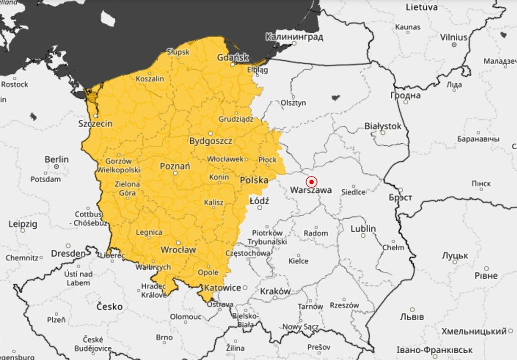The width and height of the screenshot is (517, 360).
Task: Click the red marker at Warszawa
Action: point(311,182)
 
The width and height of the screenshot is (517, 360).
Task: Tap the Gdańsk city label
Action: point(233,58)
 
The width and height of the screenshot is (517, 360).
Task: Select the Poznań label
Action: point(175,166)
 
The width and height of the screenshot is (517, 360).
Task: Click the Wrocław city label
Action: point(178,250)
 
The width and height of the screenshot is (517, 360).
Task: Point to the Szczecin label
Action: point(95,124)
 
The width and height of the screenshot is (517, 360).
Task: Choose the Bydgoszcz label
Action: point(211,141)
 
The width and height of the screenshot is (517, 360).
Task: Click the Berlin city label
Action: point(57,159)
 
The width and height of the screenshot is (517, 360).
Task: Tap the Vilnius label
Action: point(453,37)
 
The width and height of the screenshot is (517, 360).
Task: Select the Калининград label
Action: point(294,37)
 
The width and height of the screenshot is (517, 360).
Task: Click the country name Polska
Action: point(254,180)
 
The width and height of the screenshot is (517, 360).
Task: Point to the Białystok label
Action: point(382,126)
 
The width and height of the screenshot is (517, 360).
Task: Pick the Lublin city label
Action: point(363,228)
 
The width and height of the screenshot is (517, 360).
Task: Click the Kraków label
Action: point(275,291)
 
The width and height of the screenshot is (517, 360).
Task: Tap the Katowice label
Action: point(223,288)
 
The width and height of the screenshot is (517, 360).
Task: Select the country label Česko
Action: point(110,307)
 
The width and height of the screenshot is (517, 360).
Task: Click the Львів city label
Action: point(412,317)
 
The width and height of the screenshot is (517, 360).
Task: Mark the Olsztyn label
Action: point(293,103)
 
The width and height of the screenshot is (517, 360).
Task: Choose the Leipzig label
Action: point(22,224)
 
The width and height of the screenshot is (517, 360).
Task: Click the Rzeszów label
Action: point(344,305)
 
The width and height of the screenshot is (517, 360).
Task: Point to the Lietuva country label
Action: point(422,7)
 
